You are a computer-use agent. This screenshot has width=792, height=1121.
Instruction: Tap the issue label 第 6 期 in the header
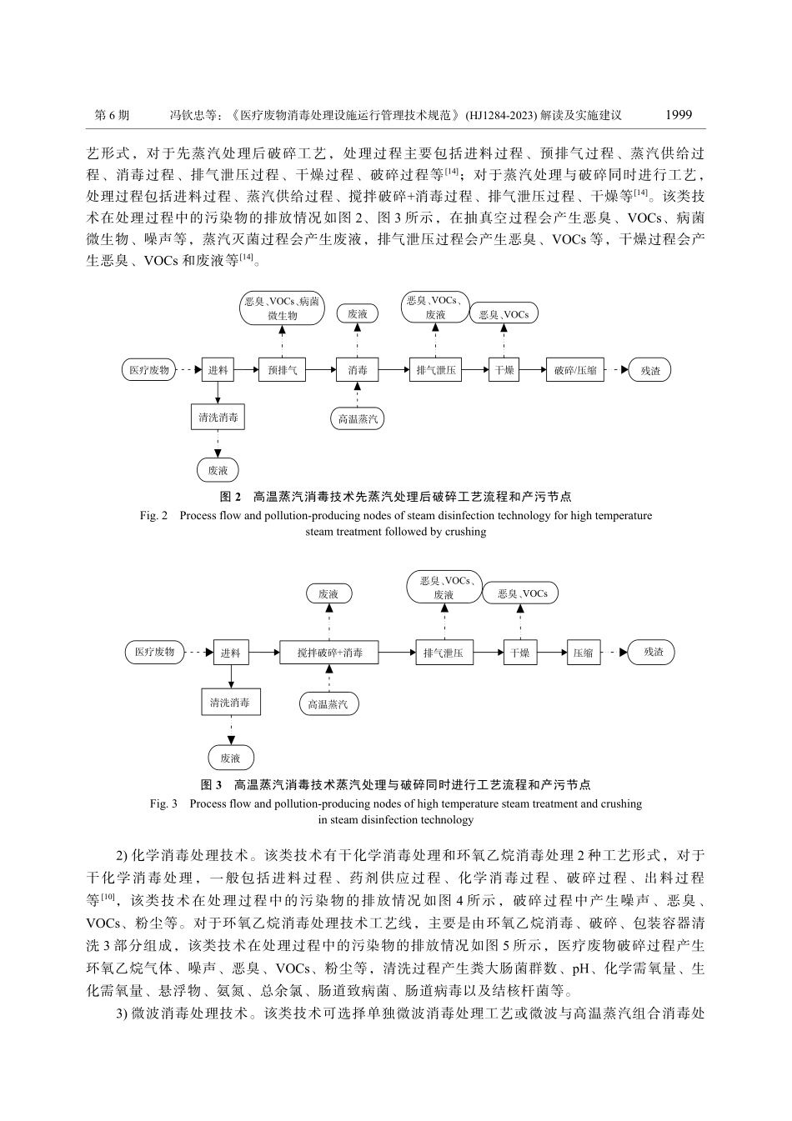tap(112, 116)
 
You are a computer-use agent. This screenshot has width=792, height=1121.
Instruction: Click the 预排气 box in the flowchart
tap(282, 370)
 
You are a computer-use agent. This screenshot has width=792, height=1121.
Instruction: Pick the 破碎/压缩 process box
tap(575, 370)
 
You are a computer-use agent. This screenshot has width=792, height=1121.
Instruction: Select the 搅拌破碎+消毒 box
tap(329, 653)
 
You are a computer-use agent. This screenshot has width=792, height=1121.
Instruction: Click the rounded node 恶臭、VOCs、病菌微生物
tap(282, 309)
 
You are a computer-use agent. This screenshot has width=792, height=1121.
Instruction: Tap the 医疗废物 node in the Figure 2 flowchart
tap(149, 370)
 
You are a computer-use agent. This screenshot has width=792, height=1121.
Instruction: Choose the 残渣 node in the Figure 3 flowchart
tap(654, 653)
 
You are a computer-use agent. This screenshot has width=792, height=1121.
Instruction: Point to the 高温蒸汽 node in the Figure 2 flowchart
tap(358, 418)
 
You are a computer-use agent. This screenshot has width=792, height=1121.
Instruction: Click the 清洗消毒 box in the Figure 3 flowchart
tap(229, 703)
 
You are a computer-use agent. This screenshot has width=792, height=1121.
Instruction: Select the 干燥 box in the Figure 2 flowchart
tap(504, 370)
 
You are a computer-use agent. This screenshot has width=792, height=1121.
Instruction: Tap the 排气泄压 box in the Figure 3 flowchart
tap(444, 653)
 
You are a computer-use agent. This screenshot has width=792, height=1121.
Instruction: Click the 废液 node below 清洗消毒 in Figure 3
tap(230, 758)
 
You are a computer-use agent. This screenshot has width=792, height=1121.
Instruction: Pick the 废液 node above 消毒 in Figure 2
tap(357, 313)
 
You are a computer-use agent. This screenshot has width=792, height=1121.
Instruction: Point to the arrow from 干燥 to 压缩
tap(552, 653)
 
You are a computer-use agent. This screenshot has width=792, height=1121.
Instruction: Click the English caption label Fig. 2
tap(154, 516)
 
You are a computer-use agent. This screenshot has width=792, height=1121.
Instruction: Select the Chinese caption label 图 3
tap(212, 785)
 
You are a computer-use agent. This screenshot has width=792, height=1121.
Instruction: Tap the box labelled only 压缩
tap(583, 653)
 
